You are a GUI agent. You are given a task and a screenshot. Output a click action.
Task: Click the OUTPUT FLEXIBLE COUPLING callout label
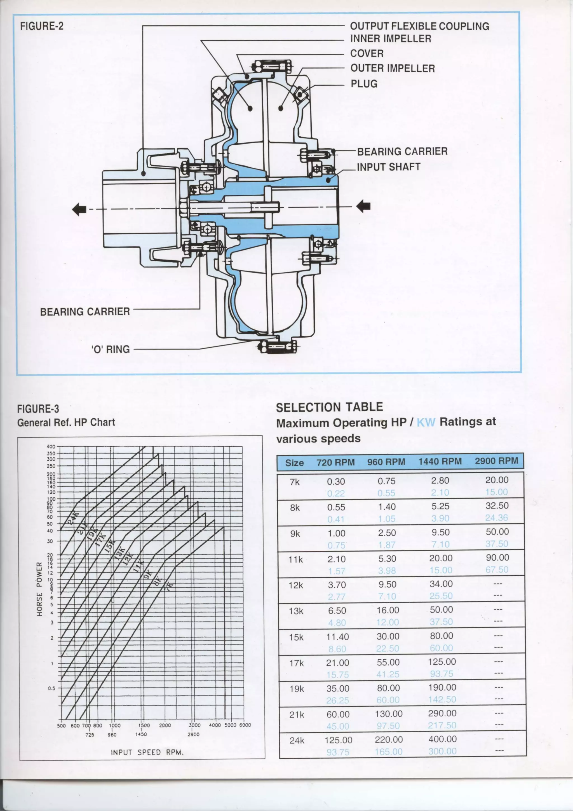coord(419,26)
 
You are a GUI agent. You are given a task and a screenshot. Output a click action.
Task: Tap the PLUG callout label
coord(364,84)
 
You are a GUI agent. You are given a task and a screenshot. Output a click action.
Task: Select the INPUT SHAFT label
coord(388,167)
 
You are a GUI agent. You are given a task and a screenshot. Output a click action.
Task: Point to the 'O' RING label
coord(111,349)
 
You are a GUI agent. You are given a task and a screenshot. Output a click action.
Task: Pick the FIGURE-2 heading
coord(42,26)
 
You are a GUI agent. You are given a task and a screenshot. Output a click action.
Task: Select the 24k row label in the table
coord(297,741)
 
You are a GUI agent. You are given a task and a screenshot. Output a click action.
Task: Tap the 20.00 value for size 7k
coord(497,480)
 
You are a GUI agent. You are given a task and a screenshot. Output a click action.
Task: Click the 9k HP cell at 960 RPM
coord(387,533)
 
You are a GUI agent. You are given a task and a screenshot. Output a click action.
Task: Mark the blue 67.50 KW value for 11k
coord(497,570)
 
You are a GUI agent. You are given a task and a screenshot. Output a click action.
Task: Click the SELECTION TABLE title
coord(329,407)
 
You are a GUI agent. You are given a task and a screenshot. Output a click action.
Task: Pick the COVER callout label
coord(367,54)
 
